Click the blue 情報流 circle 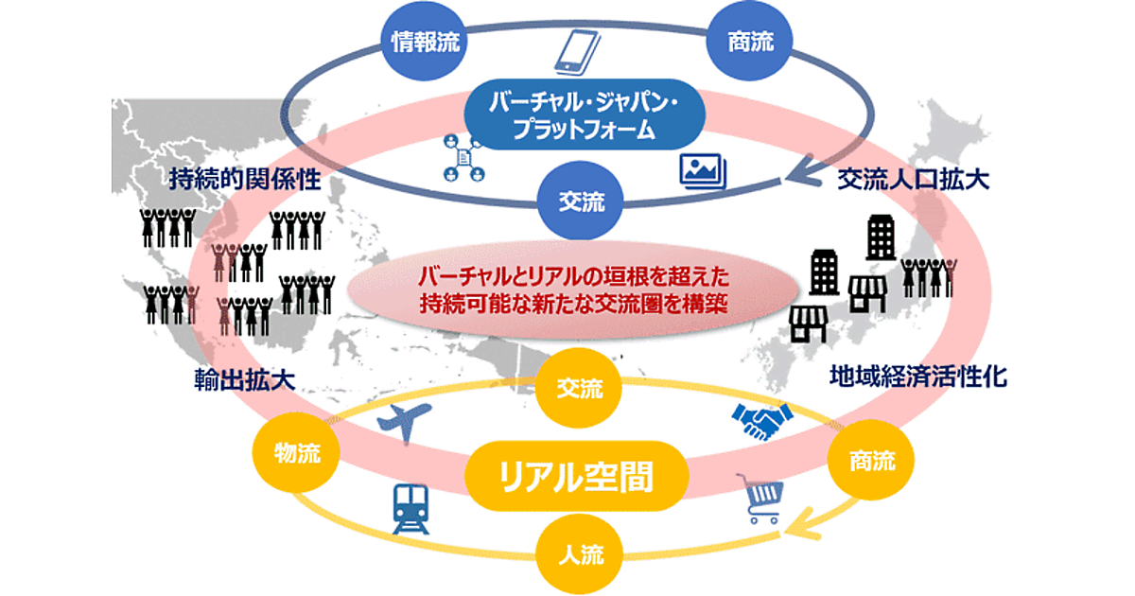(x=418, y=43)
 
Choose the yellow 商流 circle (x=868, y=461)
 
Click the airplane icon (x=404, y=420)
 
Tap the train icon (x=411, y=512)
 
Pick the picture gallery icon (x=703, y=171)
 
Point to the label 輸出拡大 (x=241, y=380)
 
